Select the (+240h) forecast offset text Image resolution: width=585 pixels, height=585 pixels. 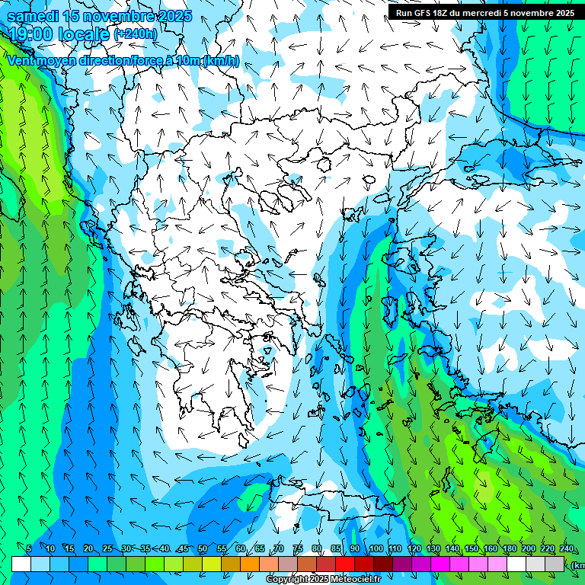point(136,34)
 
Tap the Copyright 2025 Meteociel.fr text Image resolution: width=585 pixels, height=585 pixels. point(324,580)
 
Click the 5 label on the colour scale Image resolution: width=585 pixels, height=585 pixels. point(29,548)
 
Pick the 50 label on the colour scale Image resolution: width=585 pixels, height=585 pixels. point(203,548)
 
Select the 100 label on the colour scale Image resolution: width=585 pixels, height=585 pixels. point(376,548)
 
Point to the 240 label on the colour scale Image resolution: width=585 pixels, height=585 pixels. point(566,548)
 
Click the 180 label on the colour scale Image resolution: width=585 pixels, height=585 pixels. point(509,548)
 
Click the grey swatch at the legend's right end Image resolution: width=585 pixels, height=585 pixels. point(555,564)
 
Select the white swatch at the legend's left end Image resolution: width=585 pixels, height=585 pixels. point(21,564)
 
